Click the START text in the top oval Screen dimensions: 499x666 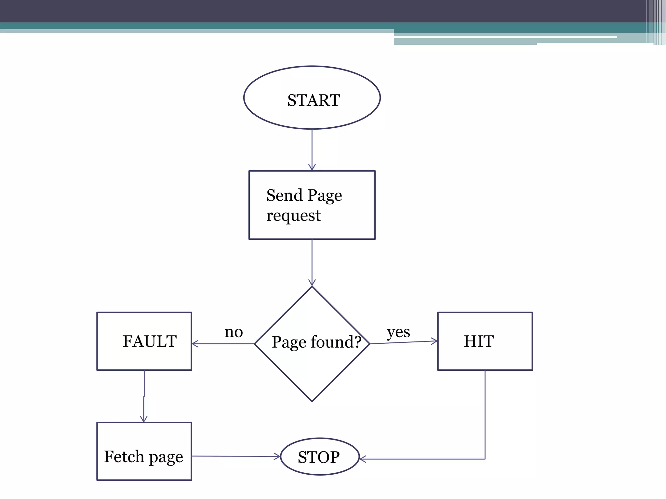point(313,100)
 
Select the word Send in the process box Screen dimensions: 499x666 point(285,195)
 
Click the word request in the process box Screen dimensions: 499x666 point(293,215)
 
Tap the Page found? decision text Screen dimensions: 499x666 point(316,342)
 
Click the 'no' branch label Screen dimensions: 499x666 point(233,332)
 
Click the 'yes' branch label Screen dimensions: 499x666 point(398,332)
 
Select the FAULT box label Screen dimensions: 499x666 point(150,341)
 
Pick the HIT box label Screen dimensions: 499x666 point(479,341)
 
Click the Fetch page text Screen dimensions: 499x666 point(143,456)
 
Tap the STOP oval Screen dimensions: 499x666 point(319,457)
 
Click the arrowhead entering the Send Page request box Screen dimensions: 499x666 point(312,168)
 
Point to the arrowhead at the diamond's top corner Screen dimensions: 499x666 point(312,283)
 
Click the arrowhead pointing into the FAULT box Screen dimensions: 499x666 point(194,344)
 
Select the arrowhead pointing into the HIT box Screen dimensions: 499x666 point(435,341)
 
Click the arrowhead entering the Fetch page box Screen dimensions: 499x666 point(144,419)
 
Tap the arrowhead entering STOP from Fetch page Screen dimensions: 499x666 point(277,456)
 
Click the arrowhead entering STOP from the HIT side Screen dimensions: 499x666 point(362,459)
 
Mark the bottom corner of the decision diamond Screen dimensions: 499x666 point(312,401)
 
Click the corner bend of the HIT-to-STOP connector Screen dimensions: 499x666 point(485,459)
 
